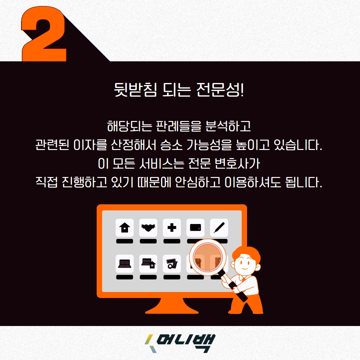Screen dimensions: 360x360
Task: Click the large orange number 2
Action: (x=44, y=34)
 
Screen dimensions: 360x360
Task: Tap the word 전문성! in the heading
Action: (x=220, y=90)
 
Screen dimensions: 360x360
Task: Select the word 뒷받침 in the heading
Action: (x=135, y=90)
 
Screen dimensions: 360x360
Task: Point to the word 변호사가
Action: (x=237, y=163)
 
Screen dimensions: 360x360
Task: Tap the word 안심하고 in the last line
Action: (x=197, y=182)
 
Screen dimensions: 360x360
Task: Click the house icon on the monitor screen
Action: (x=125, y=228)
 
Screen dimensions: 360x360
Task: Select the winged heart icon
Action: (x=148, y=228)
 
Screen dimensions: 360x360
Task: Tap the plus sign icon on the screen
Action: (x=172, y=228)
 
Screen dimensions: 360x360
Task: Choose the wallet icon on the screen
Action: (x=195, y=228)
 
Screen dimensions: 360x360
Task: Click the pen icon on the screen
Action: (x=219, y=228)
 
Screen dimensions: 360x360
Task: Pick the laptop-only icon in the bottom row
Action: (x=125, y=264)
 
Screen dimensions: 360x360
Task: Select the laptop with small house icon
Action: (x=148, y=264)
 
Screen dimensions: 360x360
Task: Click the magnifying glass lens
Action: (x=208, y=257)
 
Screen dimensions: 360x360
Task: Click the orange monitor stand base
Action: (x=172, y=307)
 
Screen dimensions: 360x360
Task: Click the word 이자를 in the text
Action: (x=90, y=145)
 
